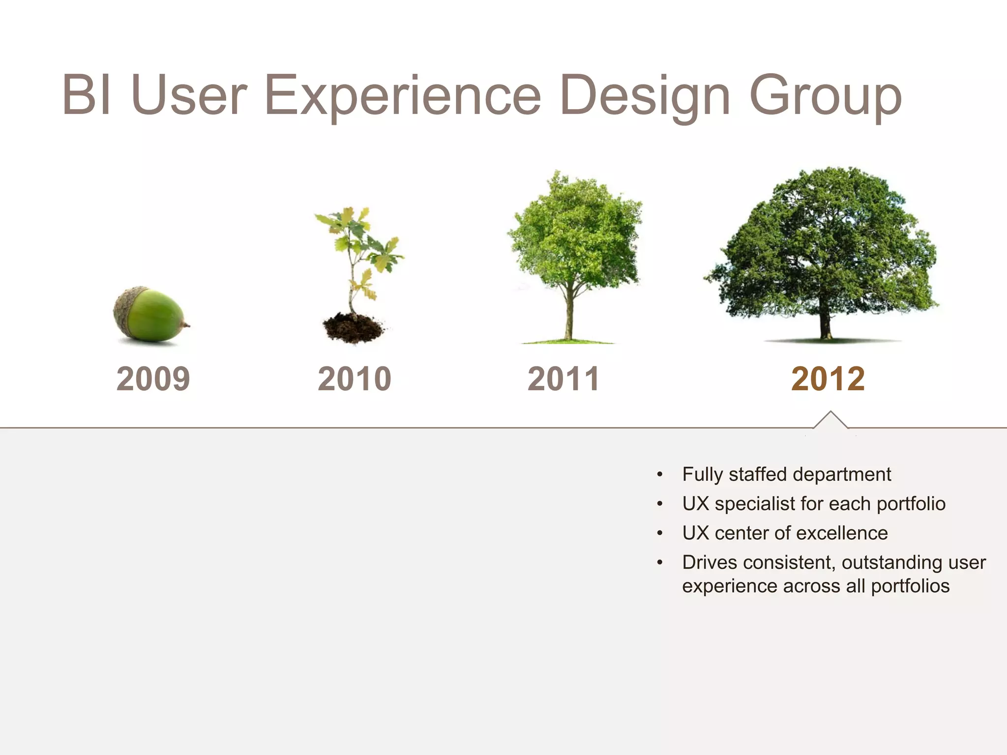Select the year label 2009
point(153,379)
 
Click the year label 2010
point(354,379)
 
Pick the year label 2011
point(563,379)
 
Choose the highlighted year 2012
point(828,379)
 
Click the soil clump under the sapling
point(353,328)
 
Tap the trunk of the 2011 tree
point(569,315)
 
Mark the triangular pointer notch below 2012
point(830,421)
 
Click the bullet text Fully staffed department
point(786,474)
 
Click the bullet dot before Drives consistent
point(660,562)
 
